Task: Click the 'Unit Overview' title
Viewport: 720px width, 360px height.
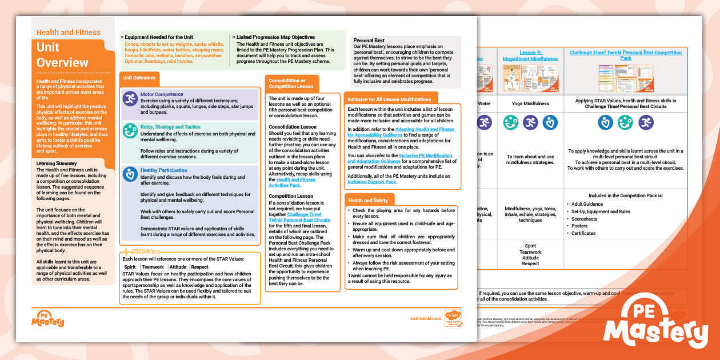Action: pos(62,55)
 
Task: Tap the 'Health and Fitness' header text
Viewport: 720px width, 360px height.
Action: pos(68,33)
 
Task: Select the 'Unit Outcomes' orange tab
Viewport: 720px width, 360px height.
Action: pos(139,79)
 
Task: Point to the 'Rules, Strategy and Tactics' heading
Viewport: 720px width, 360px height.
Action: pos(170,127)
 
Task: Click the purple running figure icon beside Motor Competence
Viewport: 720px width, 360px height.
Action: pos(130,99)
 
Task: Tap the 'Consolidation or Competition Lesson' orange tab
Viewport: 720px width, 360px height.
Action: pos(291,83)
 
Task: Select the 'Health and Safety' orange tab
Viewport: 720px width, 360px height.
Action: pos(368,201)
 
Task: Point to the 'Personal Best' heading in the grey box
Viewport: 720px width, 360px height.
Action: pos(369,41)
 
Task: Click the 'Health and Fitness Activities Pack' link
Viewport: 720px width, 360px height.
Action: pos(293,182)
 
